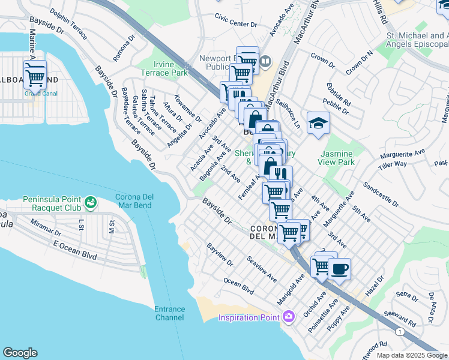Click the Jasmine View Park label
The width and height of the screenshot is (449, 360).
coord(337,158)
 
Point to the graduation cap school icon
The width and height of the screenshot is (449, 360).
coord(318,124)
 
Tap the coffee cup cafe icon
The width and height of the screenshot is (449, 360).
coord(339,269)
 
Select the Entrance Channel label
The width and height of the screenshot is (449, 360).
coord(170,313)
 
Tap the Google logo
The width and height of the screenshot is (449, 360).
coord(20,353)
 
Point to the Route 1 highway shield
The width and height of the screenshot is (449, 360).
coord(400,331)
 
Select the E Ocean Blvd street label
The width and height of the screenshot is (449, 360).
coord(74,250)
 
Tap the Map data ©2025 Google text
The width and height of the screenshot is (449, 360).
coord(412,355)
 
